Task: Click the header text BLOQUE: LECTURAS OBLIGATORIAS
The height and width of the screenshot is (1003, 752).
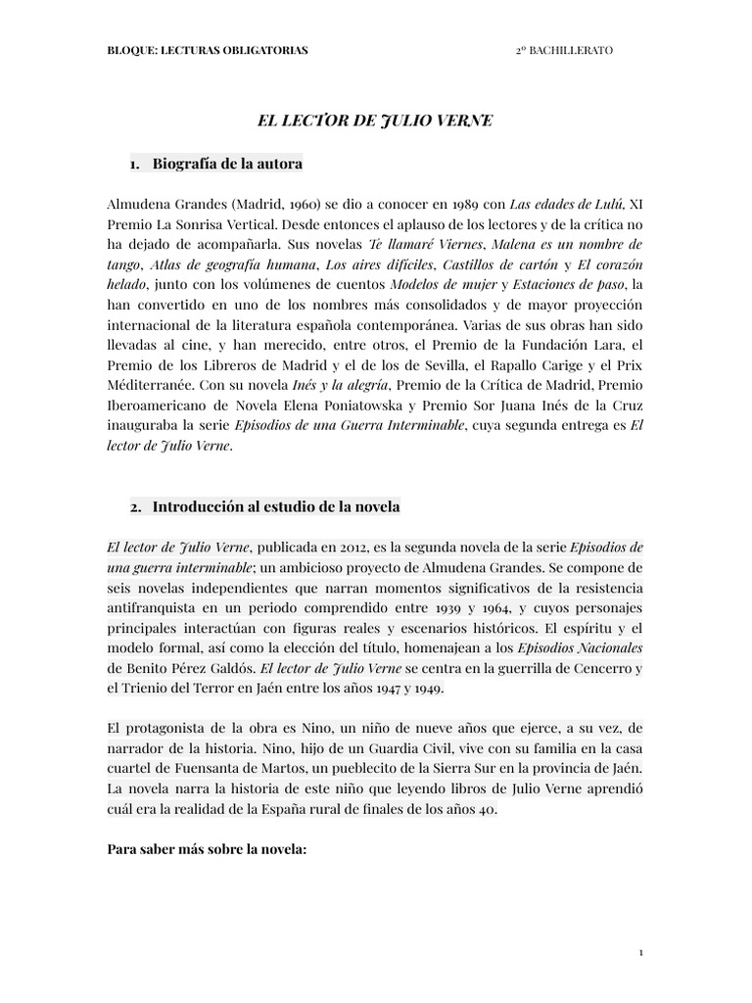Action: coord(207,51)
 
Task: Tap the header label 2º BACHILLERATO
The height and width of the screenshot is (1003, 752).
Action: coord(564,51)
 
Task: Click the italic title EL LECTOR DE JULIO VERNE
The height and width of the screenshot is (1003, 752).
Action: coord(375,121)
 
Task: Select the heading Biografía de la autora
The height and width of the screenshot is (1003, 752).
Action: coord(227,164)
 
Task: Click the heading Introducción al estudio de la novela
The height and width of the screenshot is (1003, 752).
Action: coord(276,506)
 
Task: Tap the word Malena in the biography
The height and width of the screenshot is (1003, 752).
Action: coord(512,244)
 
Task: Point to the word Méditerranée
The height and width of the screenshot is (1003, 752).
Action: coord(144,385)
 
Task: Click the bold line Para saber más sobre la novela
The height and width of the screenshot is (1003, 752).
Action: coord(207,851)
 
